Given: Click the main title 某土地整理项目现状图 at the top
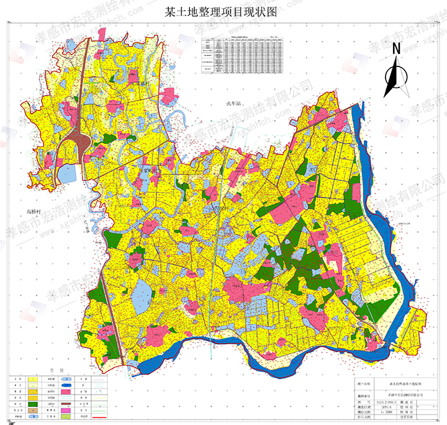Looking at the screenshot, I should point(221,13).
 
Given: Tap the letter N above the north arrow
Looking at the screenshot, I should point(396,48).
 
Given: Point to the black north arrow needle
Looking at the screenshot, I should point(392,78).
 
